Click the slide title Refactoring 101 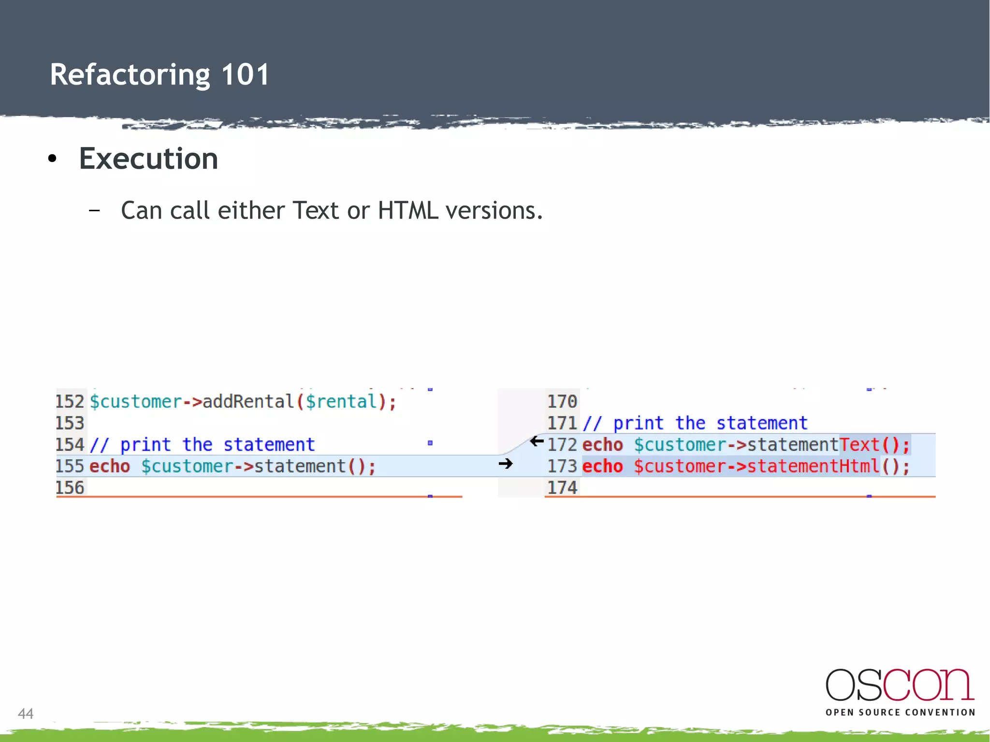160,75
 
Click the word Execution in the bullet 148,159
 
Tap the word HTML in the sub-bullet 408,211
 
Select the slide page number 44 26,713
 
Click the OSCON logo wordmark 900,685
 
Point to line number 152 70,402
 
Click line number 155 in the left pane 70,466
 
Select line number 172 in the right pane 562,445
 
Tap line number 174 562,488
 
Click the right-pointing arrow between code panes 506,464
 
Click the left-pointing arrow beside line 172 537,441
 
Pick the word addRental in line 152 248,402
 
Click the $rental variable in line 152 341,402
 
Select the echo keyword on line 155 110,466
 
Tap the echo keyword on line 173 602,466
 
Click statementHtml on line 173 814,466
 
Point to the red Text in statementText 859,445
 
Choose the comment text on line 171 695,423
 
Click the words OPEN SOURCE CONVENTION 900,713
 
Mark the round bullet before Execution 53,159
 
